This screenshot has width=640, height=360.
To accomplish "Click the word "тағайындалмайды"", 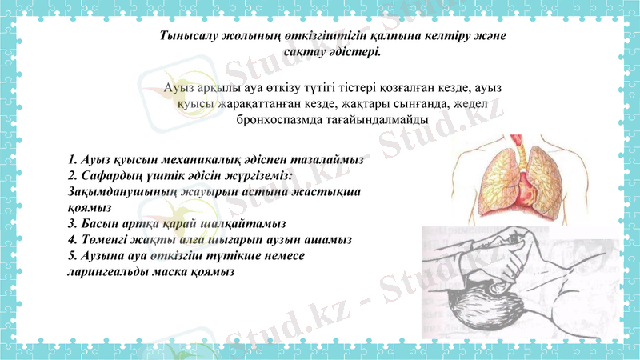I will tap(382, 120).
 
